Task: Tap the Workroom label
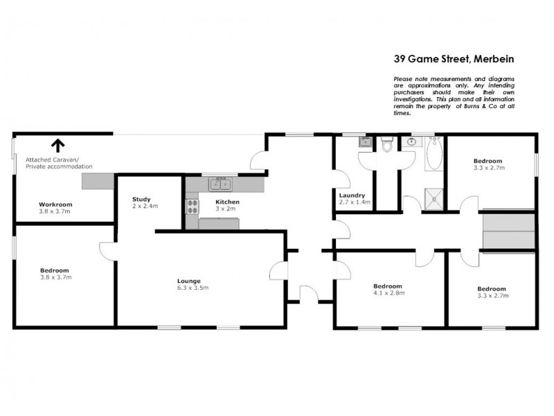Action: click(55, 205)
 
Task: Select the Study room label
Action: click(141, 199)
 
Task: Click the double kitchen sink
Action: click(222, 184)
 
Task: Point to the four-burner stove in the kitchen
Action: click(191, 207)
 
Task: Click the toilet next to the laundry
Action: click(387, 146)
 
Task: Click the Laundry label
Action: click(354, 195)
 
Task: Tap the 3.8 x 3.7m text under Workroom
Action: click(55, 211)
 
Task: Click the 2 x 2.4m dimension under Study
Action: click(145, 206)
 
